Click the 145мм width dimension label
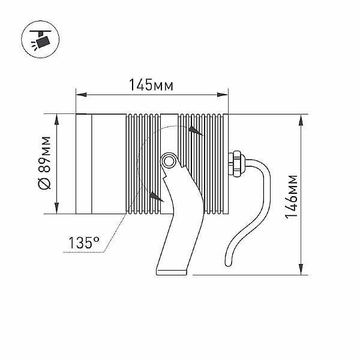tap(151, 85)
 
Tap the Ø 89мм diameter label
tap(44, 163)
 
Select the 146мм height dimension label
tap(291, 197)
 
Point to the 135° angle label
tap(84, 242)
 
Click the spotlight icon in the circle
tap(40, 39)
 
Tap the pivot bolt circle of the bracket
tap(169, 161)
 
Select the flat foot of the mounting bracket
tap(172, 272)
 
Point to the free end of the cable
tap(228, 263)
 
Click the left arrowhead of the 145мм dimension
tap(81, 95)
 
